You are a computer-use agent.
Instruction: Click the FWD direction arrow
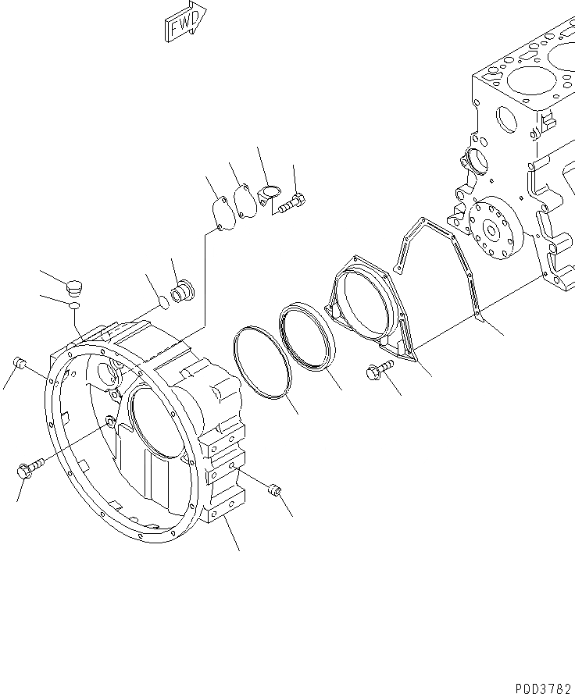click(185, 21)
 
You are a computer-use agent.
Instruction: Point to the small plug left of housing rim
click(21, 363)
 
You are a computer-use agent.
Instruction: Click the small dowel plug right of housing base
click(274, 490)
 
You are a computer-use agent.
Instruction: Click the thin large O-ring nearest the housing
click(263, 363)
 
